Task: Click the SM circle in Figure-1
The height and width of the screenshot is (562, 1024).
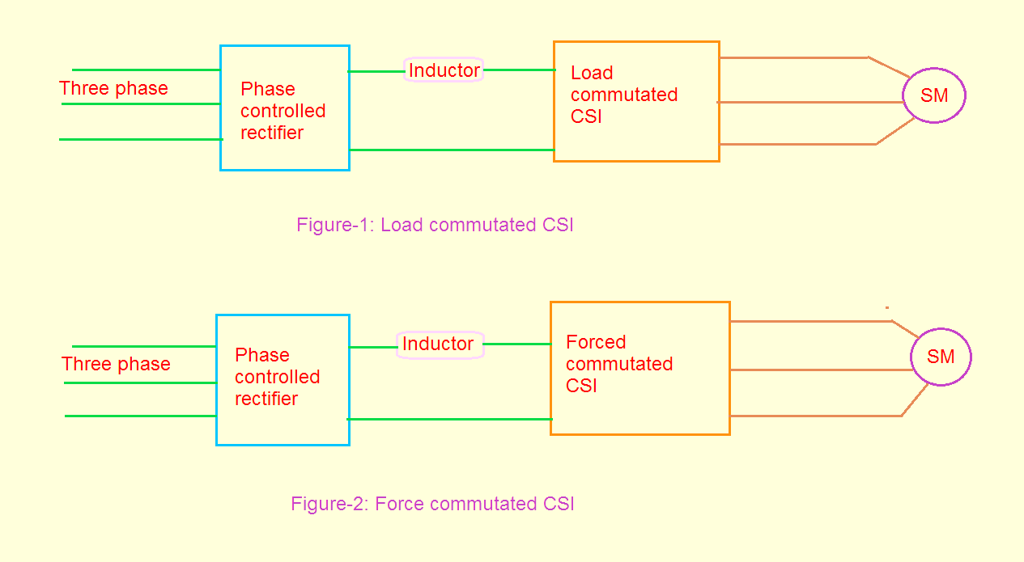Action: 934,95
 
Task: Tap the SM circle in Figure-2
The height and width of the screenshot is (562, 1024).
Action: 941,357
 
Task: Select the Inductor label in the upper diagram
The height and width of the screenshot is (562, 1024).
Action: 444,70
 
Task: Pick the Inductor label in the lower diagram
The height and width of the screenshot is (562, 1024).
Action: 438,344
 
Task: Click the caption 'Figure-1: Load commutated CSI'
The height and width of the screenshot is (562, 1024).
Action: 435,225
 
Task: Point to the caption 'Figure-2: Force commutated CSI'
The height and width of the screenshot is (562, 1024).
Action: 432,504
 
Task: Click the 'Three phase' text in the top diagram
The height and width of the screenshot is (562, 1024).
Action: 113,88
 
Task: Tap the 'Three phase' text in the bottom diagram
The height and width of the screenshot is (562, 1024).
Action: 116,364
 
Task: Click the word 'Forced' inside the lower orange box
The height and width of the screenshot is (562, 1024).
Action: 596,342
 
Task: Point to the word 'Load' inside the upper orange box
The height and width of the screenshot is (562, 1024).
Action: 592,73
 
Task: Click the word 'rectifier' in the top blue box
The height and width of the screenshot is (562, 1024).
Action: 272,133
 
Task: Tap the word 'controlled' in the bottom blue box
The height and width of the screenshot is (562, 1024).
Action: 277,377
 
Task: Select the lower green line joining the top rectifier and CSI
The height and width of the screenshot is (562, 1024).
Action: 451,150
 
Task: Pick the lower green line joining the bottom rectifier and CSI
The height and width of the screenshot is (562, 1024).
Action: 449,419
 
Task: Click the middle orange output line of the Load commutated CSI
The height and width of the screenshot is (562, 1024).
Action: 809,102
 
